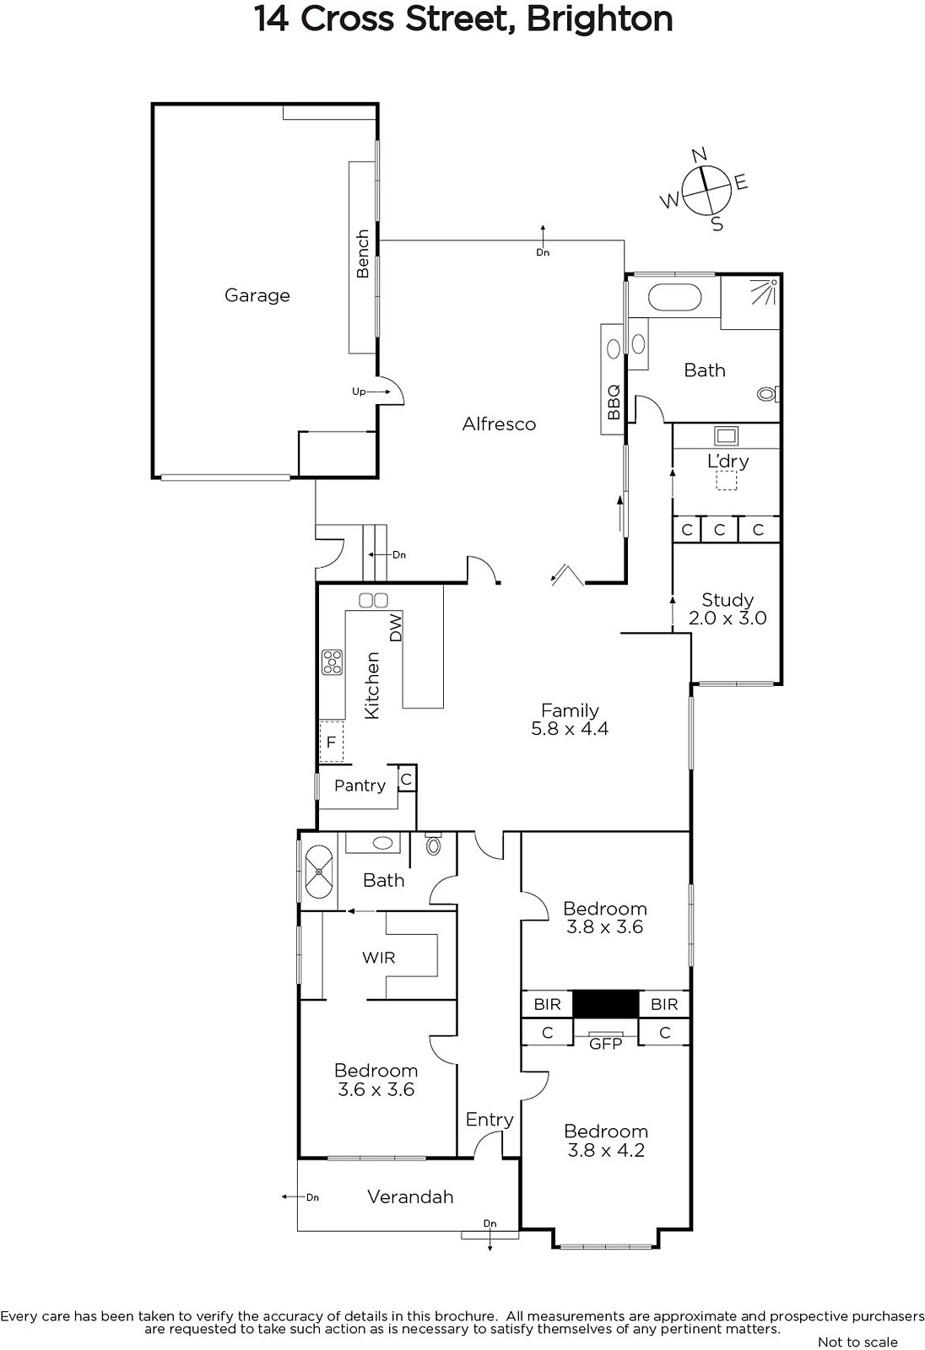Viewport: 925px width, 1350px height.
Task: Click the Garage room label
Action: tap(257, 295)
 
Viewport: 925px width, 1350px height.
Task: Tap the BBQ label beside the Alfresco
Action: tap(614, 402)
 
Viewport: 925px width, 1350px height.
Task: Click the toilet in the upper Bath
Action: tap(768, 394)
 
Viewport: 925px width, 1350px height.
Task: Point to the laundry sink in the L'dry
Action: tap(726, 435)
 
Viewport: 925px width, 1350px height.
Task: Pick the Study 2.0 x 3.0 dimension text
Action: tap(728, 618)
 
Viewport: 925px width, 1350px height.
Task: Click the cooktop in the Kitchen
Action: tap(333, 661)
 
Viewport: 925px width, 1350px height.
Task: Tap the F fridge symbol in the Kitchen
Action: tap(331, 742)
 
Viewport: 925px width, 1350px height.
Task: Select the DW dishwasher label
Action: tap(396, 628)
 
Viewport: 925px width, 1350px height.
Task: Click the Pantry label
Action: tap(360, 786)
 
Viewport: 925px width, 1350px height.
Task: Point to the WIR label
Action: tap(379, 958)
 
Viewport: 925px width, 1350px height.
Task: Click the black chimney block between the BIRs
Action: tap(605, 1004)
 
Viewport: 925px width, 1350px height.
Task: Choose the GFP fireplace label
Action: tap(605, 1044)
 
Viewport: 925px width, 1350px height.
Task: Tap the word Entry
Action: tap(489, 1120)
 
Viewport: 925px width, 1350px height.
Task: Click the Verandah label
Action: tap(410, 1197)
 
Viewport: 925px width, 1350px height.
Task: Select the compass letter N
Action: tap(699, 155)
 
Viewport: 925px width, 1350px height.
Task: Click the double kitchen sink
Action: tap(373, 600)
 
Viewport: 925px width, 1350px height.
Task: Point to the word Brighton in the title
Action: tap(600, 19)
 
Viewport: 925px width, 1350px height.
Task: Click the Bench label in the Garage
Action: tap(362, 254)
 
